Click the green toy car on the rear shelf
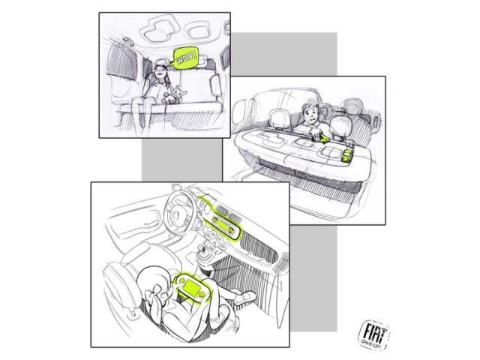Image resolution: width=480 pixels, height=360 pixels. tap(348, 156)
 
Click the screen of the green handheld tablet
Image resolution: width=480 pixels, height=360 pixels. tap(191, 287)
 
